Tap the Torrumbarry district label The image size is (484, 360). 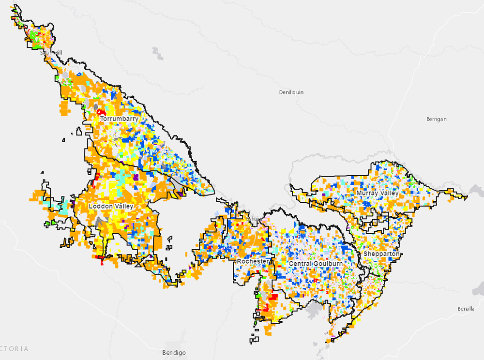pyautogui.click(x=119, y=119)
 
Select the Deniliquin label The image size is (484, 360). pyautogui.click(x=291, y=92)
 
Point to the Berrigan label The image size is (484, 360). pyautogui.click(x=436, y=119)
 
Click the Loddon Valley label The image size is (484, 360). pyautogui.click(x=111, y=206)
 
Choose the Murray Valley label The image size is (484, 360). pyautogui.click(x=377, y=193)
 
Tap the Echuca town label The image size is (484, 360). pyautogui.click(x=254, y=219)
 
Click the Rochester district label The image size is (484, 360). pyautogui.click(x=252, y=261)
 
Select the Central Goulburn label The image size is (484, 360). pyautogui.click(x=315, y=263)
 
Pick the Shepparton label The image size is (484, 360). pyautogui.click(x=381, y=254)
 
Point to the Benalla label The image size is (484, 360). pyautogui.click(x=466, y=309)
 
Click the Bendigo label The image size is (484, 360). pyautogui.click(x=174, y=353)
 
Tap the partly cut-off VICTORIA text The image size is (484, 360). pyautogui.click(x=15, y=348)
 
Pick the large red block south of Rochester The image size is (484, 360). pyautogui.click(x=272, y=297)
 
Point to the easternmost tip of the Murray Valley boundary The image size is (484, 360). pyautogui.click(x=468, y=197)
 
